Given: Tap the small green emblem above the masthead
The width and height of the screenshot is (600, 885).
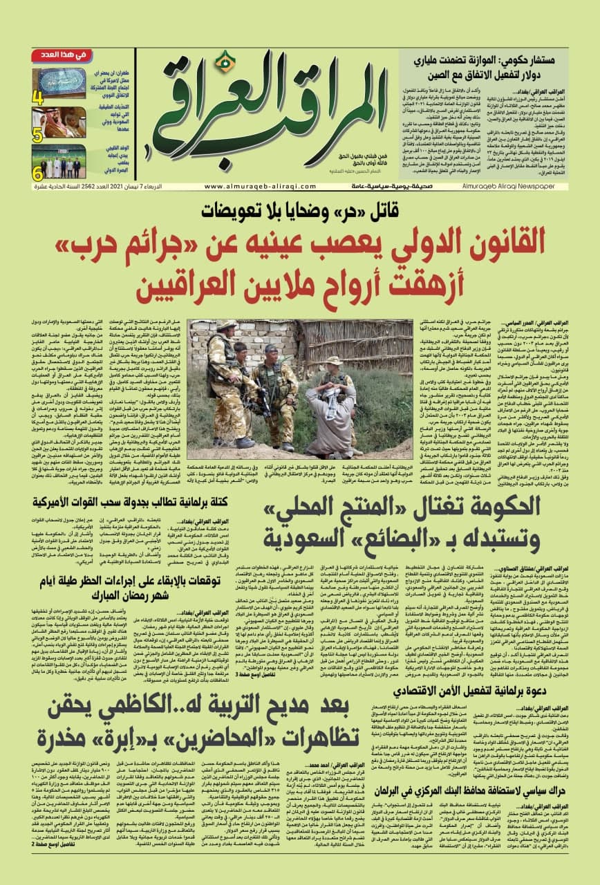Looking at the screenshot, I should point(223,63).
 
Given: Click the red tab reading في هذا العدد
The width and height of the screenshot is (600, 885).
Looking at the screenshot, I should point(61,55).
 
